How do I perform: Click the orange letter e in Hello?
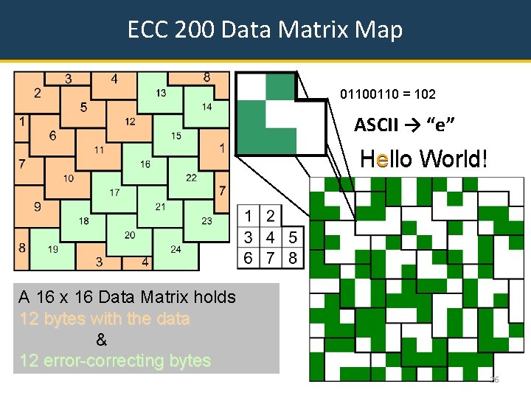pos(381,158)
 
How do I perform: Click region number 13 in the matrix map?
pos(161,93)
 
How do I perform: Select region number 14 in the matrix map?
pos(206,107)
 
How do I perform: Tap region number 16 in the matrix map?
pos(145,164)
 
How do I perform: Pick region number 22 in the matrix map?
pos(191,178)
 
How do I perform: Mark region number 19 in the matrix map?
pos(53,249)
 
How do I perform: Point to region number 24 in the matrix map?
pos(176,249)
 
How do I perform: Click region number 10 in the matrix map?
pos(68,178)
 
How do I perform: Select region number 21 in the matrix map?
pos(160,206)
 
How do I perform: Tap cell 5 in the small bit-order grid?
pos(293,237)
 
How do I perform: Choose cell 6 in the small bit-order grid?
pos(250,258)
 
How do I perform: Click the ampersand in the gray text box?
pos(102,341)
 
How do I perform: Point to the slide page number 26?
pos(494,379)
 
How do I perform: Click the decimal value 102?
pos(425,94)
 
